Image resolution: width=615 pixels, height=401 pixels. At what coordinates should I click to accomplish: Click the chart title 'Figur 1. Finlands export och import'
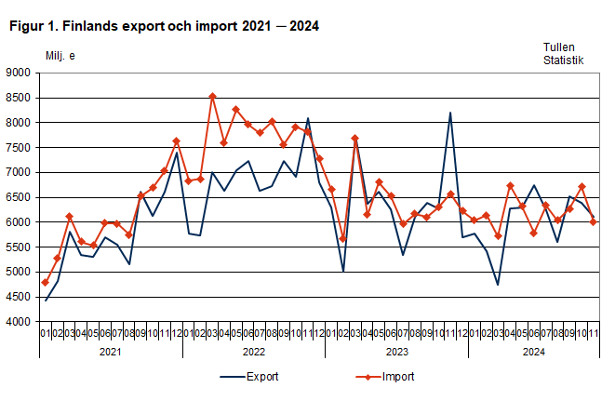click(164, 26)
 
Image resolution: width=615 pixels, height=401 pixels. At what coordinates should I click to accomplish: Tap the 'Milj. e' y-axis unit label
click(60, 56)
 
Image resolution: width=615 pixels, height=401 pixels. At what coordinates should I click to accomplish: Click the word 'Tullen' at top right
click(559, 47)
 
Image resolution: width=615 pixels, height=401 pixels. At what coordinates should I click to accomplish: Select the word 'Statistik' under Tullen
click(564, 60)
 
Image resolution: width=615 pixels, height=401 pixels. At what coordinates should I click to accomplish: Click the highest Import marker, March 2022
click(212, 96)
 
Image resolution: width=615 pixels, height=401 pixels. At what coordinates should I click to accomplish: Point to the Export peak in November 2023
click(450, 114)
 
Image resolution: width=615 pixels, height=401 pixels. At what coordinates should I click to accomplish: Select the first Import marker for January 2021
click(46, 282)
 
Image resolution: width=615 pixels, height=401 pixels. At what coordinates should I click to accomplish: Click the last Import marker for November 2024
click(594, 221)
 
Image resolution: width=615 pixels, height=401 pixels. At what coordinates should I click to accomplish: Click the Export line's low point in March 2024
click(498, 285)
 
